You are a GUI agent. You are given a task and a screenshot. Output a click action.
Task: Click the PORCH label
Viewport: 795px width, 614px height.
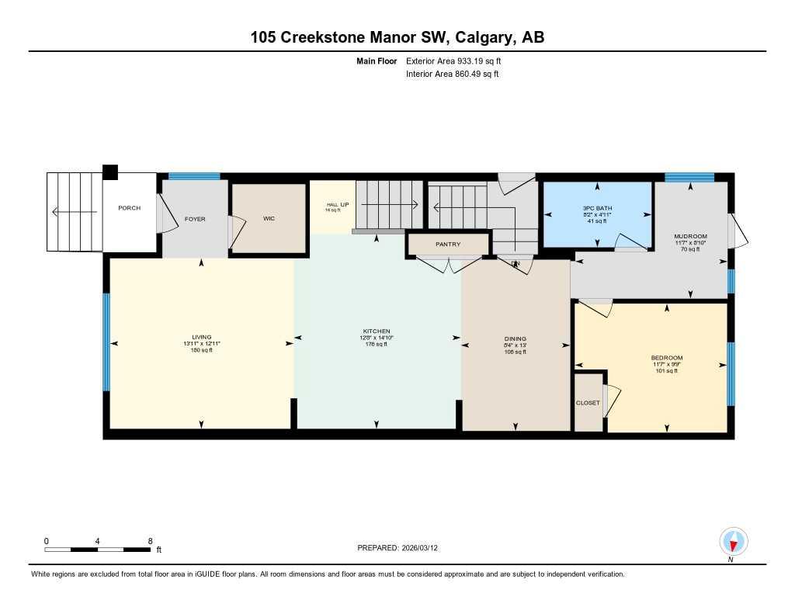click(x=129, y=208)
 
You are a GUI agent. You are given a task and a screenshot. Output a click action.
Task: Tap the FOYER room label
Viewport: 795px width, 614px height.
click(x=195, y=220)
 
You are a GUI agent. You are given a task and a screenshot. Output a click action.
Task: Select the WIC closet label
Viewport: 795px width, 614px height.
click(x=269, y=219)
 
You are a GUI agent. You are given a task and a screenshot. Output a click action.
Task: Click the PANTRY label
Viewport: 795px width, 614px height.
click(x=448, y=245)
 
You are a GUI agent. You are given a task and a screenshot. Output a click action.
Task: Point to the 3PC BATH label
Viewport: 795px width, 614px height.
click(x=597, y=208)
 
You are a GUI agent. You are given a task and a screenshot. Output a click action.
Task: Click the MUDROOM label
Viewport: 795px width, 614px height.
click(x=690, y=236)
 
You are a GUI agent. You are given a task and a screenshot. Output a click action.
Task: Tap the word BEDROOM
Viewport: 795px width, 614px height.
click(x=666, y=358)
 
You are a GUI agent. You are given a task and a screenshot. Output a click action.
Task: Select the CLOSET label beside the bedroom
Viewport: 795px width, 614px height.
click(x=588, y=403)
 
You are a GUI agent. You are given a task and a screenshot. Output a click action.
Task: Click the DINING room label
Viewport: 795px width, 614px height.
click(x=515, y=338)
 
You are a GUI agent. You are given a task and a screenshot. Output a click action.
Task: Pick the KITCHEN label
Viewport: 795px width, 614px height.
click(x=377, y=331)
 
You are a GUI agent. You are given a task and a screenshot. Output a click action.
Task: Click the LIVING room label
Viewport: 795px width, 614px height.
click(x=202, y=337)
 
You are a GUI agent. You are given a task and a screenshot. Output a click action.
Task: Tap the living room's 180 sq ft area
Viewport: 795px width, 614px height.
click(x=202, y=351)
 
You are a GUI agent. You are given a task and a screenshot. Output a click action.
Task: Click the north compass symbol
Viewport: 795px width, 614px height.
click(x=733, y=541)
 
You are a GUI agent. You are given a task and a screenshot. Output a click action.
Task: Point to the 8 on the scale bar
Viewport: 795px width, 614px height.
click(x=150, y=540)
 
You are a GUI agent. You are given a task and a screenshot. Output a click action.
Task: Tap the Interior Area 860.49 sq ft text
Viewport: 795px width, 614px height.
click(x=452, y=75)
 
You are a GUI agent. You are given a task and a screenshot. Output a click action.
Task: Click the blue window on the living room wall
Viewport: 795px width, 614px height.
click(x=106, y=342)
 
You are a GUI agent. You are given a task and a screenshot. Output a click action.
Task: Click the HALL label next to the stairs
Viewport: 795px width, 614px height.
click(x=332, y=205)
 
